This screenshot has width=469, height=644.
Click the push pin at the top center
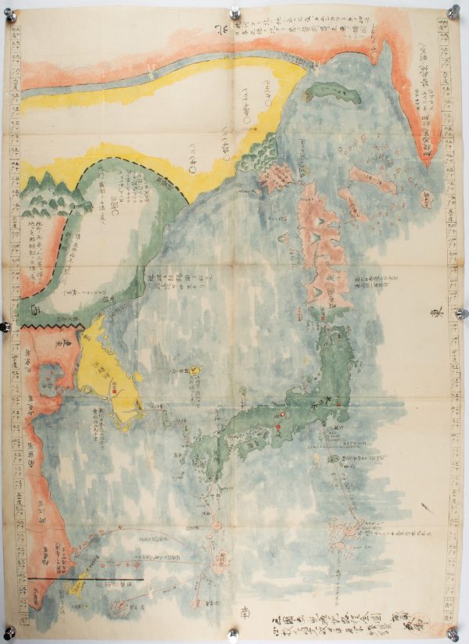tap(234, 13)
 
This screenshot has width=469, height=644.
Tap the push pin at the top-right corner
tap(453, 11)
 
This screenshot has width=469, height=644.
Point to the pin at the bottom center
tap(233, 634)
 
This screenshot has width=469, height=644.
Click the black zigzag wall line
tap(52, 323)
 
